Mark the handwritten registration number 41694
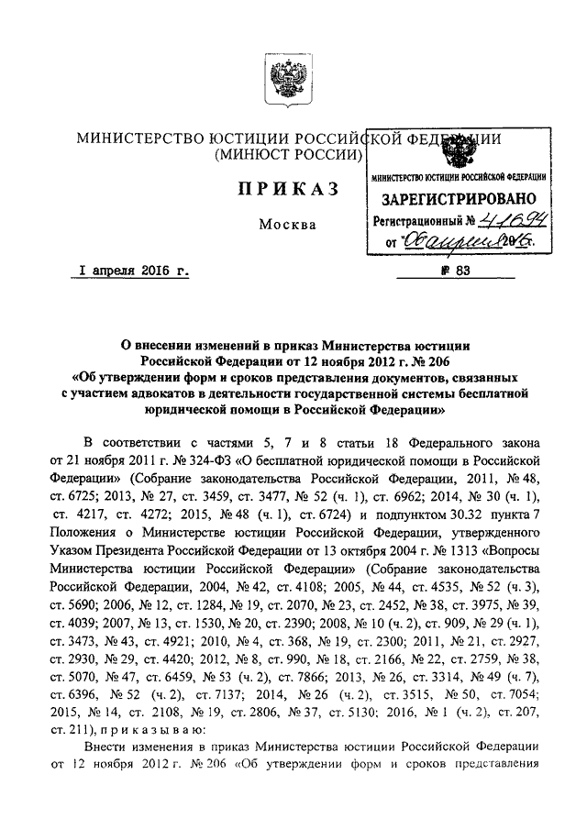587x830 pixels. pos(515,219)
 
